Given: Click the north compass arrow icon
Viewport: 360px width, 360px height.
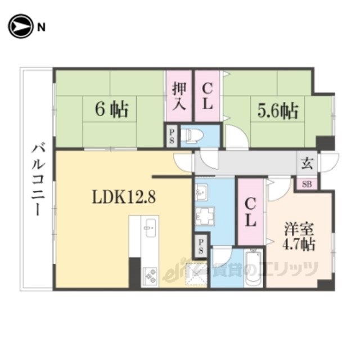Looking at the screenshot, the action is tap(20, 26).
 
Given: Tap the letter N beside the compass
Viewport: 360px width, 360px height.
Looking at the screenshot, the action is tap(41, 28).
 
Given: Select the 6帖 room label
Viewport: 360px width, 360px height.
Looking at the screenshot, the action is tap(111, 110).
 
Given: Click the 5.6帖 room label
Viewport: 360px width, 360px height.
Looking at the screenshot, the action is tap(278, 111).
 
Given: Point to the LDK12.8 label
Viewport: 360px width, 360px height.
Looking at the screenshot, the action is tap(124, 197).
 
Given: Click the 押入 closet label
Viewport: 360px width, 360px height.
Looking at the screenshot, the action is tap(179, 96).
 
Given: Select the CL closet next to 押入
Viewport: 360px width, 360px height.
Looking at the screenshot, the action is tap(207, 96).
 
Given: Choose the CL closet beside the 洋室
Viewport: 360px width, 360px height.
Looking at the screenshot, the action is tap(250, 213).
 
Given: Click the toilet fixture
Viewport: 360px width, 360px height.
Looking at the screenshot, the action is tap(194, 136).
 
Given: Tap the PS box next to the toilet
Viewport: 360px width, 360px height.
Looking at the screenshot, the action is tap(172, 136).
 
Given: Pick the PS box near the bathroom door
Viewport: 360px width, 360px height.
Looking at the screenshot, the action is tap(201, 246).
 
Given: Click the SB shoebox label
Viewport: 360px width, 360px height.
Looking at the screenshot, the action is tap(307, 184).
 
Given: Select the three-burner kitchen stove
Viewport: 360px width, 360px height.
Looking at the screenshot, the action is tap(150, 277).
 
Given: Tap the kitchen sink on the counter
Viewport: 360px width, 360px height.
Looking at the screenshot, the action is tap(150, 228).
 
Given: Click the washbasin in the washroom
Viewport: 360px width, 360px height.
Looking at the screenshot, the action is tap(201, 192).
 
